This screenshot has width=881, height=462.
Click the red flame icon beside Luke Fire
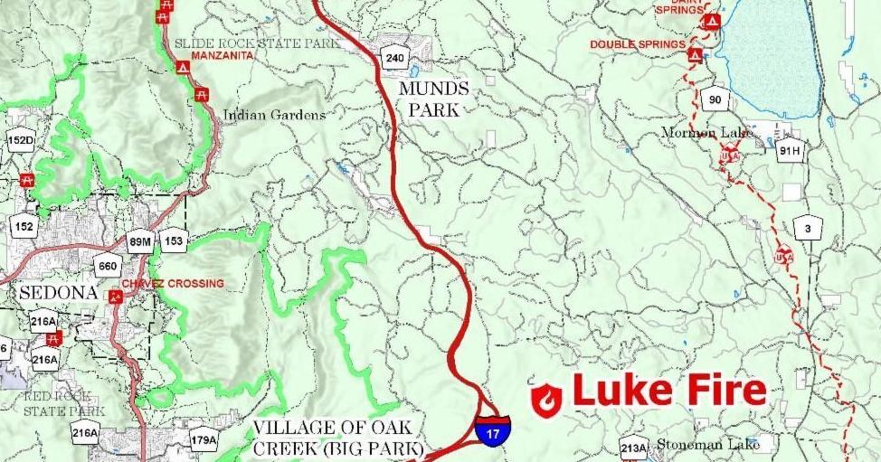546,400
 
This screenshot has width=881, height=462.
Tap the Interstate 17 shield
492,429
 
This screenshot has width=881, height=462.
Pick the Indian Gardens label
274,116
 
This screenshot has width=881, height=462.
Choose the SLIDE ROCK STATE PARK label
257,42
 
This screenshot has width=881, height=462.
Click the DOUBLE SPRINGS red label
636,43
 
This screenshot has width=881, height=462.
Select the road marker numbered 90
715,99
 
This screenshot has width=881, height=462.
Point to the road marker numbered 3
809,228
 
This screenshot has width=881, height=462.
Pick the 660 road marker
108,266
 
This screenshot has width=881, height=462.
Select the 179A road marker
204,441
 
